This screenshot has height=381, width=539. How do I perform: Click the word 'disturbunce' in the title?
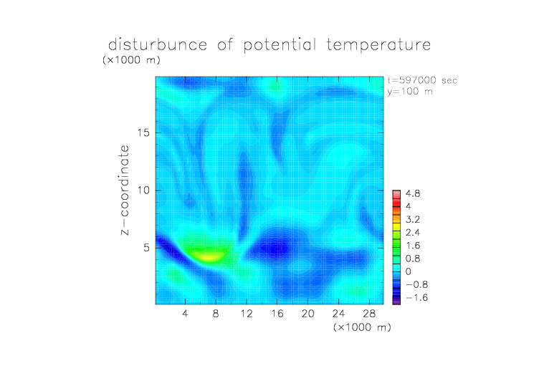158,44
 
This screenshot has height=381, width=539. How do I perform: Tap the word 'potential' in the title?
280,45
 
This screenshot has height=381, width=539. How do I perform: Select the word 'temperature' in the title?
378,45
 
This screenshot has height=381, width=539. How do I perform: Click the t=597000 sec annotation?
422,80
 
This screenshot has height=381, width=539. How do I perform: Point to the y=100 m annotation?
410,92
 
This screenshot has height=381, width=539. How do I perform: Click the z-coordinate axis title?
125,190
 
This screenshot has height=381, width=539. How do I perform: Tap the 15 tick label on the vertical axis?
143,132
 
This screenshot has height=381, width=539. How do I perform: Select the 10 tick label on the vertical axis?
143,190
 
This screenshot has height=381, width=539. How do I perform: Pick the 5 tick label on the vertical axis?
147,248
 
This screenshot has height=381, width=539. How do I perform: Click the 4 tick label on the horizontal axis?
185,313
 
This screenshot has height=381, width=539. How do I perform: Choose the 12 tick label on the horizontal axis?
247,313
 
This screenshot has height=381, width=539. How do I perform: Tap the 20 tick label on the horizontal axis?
307,313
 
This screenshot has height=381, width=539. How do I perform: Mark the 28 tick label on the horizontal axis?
369,313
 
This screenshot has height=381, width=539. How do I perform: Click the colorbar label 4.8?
413,194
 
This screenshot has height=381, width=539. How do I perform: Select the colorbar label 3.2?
413,220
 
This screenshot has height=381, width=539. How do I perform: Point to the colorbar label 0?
409,271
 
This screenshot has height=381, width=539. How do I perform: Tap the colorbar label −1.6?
417,297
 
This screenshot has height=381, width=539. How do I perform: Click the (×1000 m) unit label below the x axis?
362,327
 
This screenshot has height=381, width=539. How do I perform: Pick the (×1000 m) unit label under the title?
131,60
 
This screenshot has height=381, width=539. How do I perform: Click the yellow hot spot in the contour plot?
209,256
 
